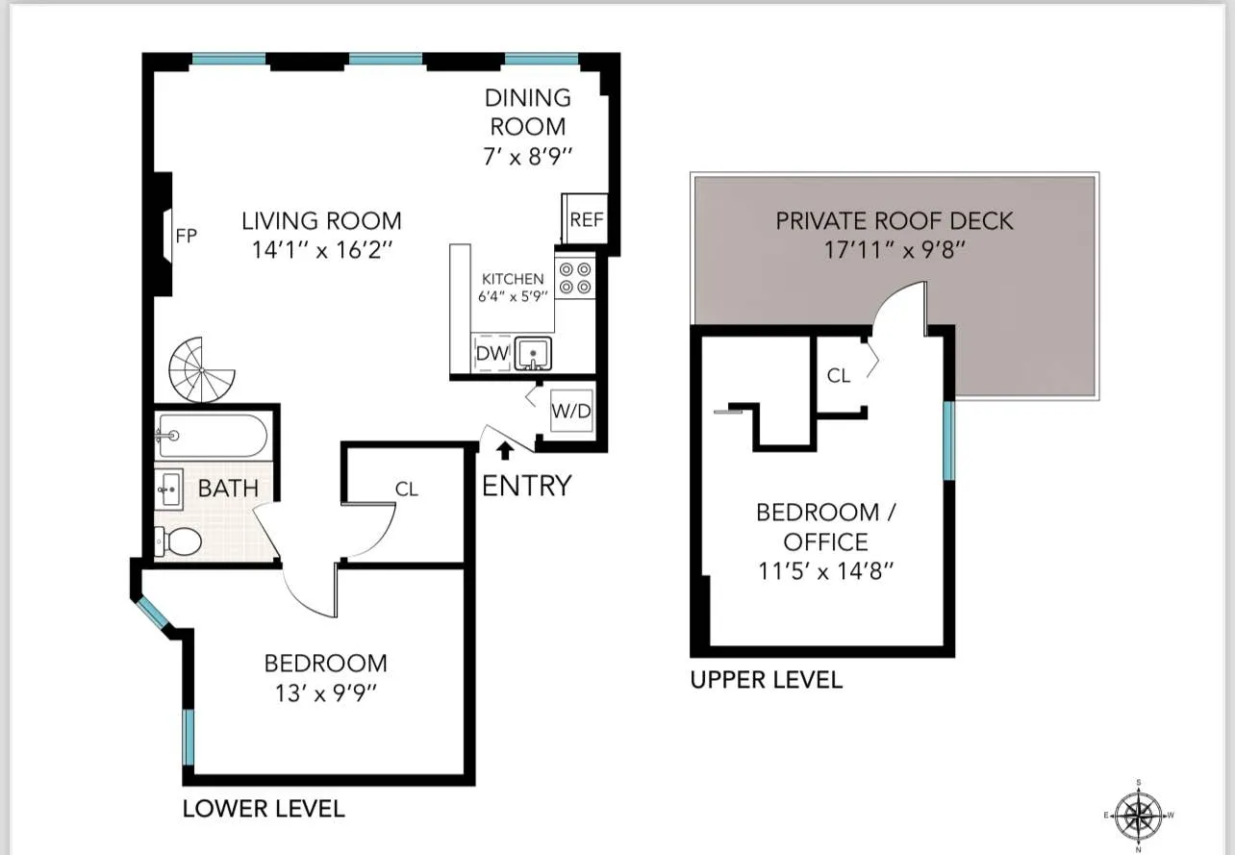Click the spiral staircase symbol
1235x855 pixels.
(x=201, y=369)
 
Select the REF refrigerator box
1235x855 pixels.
(x=586, y=219)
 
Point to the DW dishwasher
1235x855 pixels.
(x=491, y=354)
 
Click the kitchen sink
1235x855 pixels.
(x=532, y=354)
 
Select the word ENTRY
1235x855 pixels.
(x=526, y=487)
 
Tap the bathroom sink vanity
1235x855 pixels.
(x=169, y=490)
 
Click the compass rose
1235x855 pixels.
(x=1139, y=816)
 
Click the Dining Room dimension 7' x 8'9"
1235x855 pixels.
(x=527, y=155)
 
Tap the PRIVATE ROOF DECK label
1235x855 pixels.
(x=895, y=220)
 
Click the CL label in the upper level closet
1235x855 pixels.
(x=839, y=376)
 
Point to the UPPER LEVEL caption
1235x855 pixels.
(x=766, y=680)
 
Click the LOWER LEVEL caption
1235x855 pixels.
(x=263, y=809)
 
